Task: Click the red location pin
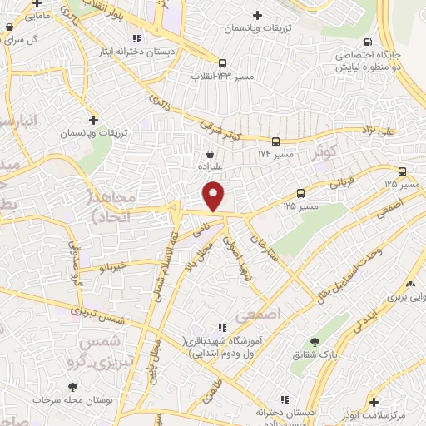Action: click(214, 196)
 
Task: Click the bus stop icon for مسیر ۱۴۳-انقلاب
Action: click(221, 63)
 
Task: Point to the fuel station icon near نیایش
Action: click(367, 42)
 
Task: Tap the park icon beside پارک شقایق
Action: click(315, 342)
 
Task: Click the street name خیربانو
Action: click(111, 266)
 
